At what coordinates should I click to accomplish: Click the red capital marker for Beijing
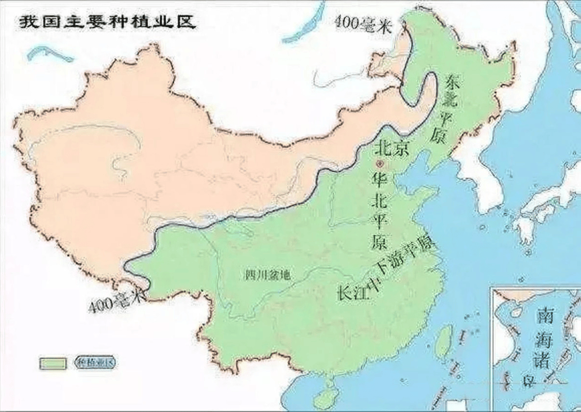pyautogui.click(x=381, y=163)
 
